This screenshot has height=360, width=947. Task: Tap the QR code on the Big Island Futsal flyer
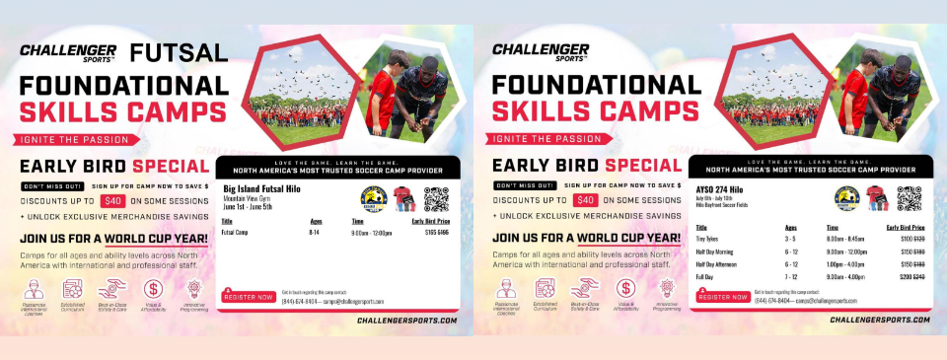click(x=436, y=199)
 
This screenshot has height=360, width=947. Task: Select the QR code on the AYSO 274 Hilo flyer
click(x=909, y=199)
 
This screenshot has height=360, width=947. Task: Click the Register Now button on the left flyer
click(x=249, y=296)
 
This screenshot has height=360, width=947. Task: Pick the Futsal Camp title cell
click(x=235, y=233)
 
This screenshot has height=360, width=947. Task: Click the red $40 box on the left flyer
click(x=111, y=200)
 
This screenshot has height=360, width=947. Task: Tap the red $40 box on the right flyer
click(x=585, y=200)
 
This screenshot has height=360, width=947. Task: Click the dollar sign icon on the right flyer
click(x=625, y=289)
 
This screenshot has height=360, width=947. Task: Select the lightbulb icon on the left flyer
click(x=194, y=289)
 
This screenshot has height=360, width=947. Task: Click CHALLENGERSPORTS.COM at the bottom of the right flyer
click(x=878, y=321)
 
